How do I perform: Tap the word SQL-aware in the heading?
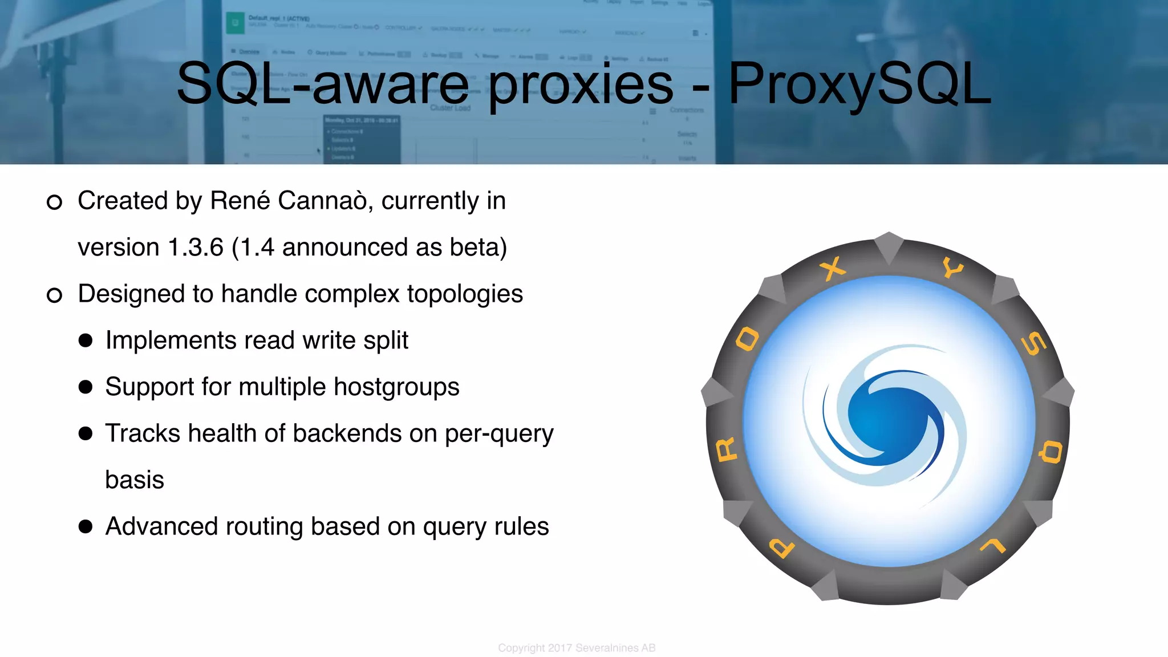click(323, 84)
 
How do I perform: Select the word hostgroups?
click(396, 387)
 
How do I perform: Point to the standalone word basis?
click(135, 480)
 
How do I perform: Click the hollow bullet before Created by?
click(54, 202)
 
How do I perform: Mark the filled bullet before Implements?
click(86, 340)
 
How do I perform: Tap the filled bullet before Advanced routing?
click(86, 526)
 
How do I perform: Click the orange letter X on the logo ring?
click(833, 268)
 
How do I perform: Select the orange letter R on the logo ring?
click(727, 450)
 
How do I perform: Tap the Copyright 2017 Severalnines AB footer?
click(577, 648)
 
